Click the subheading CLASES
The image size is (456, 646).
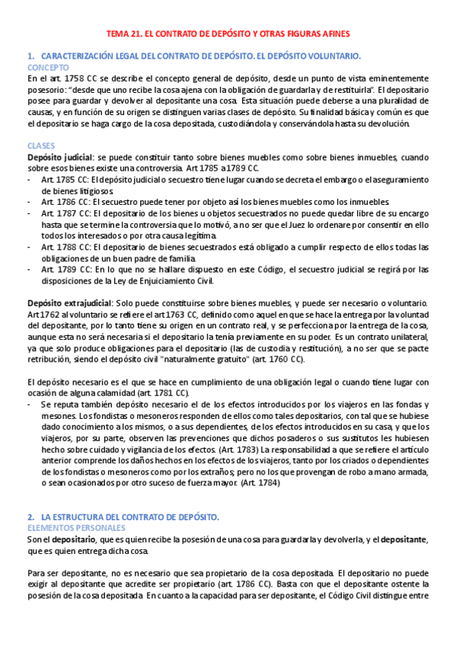pos(41,145)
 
